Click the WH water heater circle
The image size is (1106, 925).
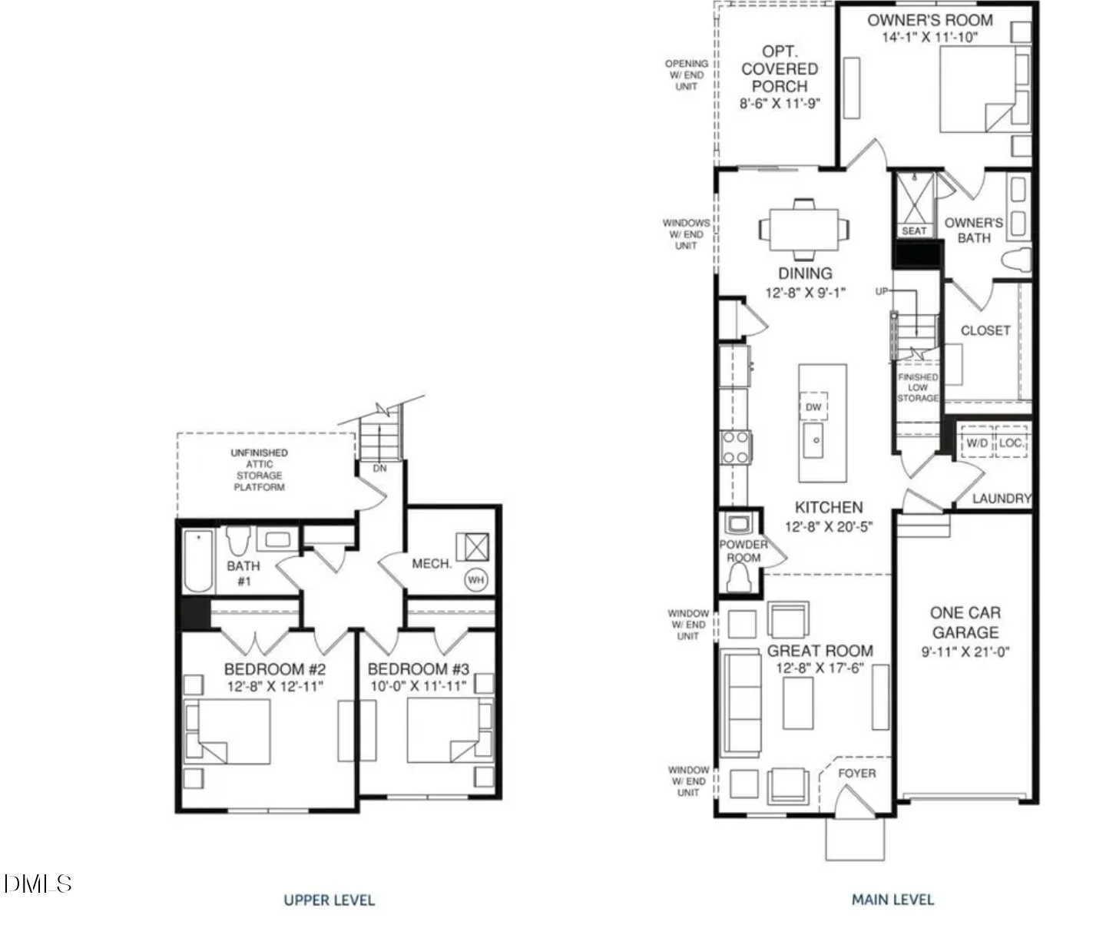click(x=475, y=580)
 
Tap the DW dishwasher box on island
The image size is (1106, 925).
click(x=813, y=407)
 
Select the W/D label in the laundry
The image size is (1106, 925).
click(x=976, y=443)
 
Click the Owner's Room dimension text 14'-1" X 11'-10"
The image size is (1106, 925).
click(x=929, y=37)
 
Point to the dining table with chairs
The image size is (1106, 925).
click(x=804, y=229)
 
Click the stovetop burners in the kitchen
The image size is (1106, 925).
click(x=735, y=447)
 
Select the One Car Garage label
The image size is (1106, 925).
click(x=965, y=622)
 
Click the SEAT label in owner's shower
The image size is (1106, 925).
click(x=914, y=231)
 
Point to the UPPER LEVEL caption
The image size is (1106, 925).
click(x=329, y=900)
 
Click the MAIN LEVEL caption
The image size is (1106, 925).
click(x=892, y=899)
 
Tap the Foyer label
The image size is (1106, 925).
click(x=856, y=773)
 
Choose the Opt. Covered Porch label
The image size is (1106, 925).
click(x=779, y=69)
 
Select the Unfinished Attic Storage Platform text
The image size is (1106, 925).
click(x=259, y=469)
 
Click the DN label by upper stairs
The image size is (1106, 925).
click(x=379, y=468)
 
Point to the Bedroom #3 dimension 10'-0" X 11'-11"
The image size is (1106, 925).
click(x=418, y=686)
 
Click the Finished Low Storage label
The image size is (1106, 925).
click(x=918, y=387)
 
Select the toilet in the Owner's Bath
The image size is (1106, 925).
click(x=1016, y=260)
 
